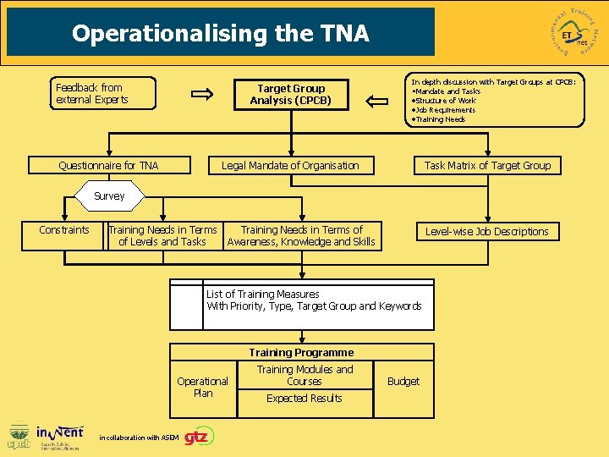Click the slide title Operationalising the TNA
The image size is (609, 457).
[221, 33]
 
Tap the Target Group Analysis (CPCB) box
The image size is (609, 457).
[291, 94]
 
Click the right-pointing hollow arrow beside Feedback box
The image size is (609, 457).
[203, 95]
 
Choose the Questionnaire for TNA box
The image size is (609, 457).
[108, 166]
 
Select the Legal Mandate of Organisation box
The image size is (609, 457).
[290, 166]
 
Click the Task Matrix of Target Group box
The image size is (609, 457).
[487, 166]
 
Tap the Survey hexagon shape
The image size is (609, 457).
[109, 196]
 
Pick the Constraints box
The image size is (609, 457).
[64, 230]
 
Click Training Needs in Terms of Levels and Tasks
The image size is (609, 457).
[162, 235]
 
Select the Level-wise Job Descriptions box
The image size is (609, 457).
[486, 231]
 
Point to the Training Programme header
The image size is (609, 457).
[301, 352]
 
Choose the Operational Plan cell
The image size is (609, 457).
[203, 387]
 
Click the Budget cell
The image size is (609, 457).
[403, 382]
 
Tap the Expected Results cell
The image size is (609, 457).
[304, 399]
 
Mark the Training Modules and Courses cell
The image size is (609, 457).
[304, 375]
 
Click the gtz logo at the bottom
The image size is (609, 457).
[200, 435]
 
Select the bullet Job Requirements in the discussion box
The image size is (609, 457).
[444, 110]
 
